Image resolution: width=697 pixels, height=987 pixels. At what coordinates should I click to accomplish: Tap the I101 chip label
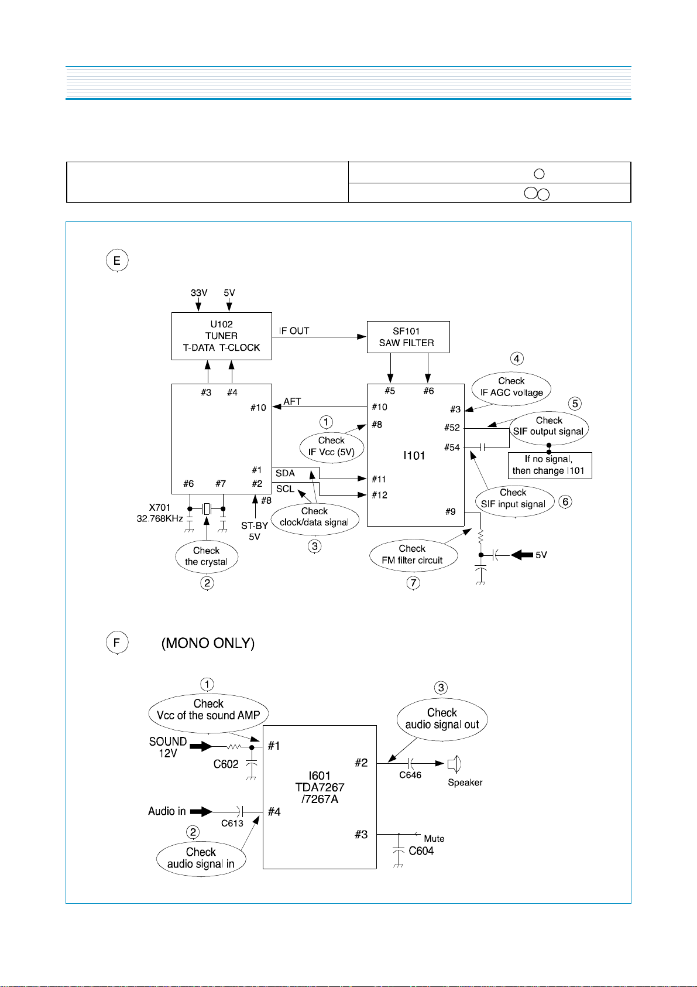click(414, 456)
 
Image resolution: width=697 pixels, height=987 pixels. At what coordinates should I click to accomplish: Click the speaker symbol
click(454, 764)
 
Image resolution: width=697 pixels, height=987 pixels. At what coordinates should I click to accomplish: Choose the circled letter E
click(117, 261)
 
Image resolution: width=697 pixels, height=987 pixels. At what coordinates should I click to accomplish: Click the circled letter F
click(117, 643)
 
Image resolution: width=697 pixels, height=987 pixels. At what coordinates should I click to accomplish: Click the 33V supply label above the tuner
click(199, 293)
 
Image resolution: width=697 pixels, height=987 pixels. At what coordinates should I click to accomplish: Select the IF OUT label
click(294, 331)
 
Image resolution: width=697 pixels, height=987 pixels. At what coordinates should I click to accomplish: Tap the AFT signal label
click(292, 401)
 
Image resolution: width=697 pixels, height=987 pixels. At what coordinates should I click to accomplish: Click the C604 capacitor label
click(421, 851)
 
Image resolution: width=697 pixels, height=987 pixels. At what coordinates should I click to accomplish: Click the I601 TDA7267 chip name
click(320, 787)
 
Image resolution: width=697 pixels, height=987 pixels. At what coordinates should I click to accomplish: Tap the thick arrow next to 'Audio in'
click(201, 811)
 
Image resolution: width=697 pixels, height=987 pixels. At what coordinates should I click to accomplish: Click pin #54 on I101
click(452, 448)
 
